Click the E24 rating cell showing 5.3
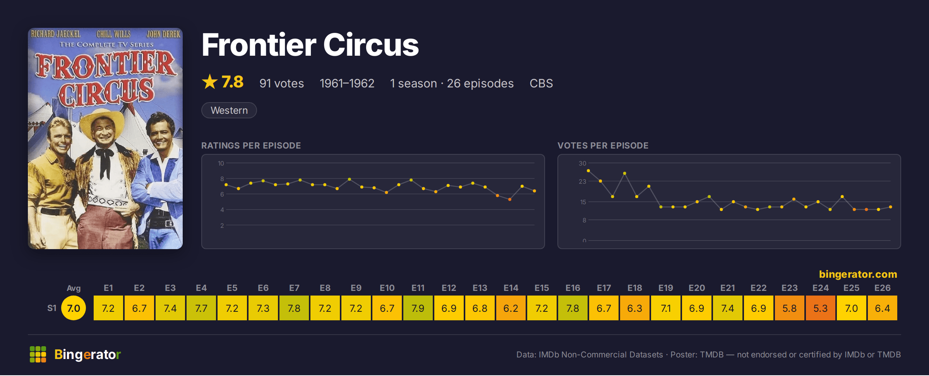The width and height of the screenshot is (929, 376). click(820, 308)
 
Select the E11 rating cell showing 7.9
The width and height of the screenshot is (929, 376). click(418, 308)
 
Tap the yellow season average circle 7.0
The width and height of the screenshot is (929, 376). click(74, 308)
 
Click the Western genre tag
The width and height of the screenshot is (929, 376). click(229, 111)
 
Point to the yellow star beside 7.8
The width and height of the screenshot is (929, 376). click(210, 82)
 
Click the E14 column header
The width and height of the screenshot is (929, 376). click(511, 288)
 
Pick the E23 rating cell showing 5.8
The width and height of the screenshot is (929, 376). click(789, 308)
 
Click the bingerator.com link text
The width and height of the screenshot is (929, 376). click(858, 274)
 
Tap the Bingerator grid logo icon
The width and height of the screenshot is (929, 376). click(38, 355)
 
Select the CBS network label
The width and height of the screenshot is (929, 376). click(541, 84)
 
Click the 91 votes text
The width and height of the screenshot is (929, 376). click(281, 84)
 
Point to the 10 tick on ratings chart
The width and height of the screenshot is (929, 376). click(221, 164)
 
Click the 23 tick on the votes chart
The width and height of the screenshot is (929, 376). click(582, 182)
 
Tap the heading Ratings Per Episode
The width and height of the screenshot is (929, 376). click(251, 146)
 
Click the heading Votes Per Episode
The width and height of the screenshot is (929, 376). click(603, 146)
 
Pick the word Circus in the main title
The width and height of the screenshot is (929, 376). click(371, 45)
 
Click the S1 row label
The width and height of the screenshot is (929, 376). click(52, 308)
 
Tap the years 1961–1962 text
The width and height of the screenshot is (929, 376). click(347, 84)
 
